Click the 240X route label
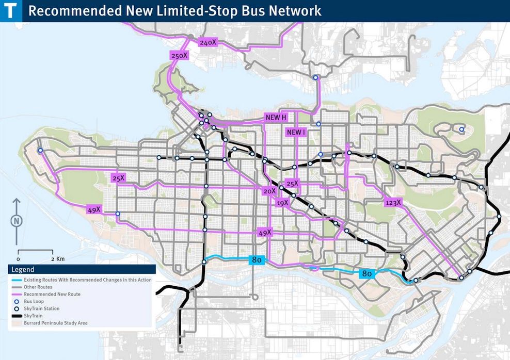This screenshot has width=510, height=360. (x=207, y=43)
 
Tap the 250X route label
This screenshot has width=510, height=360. (x=179, y=55)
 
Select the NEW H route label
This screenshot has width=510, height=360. (x=276, y=118)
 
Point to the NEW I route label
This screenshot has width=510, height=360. (x=296, y=133)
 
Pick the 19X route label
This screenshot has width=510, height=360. (x=282, y=203)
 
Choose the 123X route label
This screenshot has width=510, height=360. (x=393, y=203)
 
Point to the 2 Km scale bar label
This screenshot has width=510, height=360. (x=57, y=258)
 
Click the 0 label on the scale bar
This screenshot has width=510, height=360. (x=18, y=258)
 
